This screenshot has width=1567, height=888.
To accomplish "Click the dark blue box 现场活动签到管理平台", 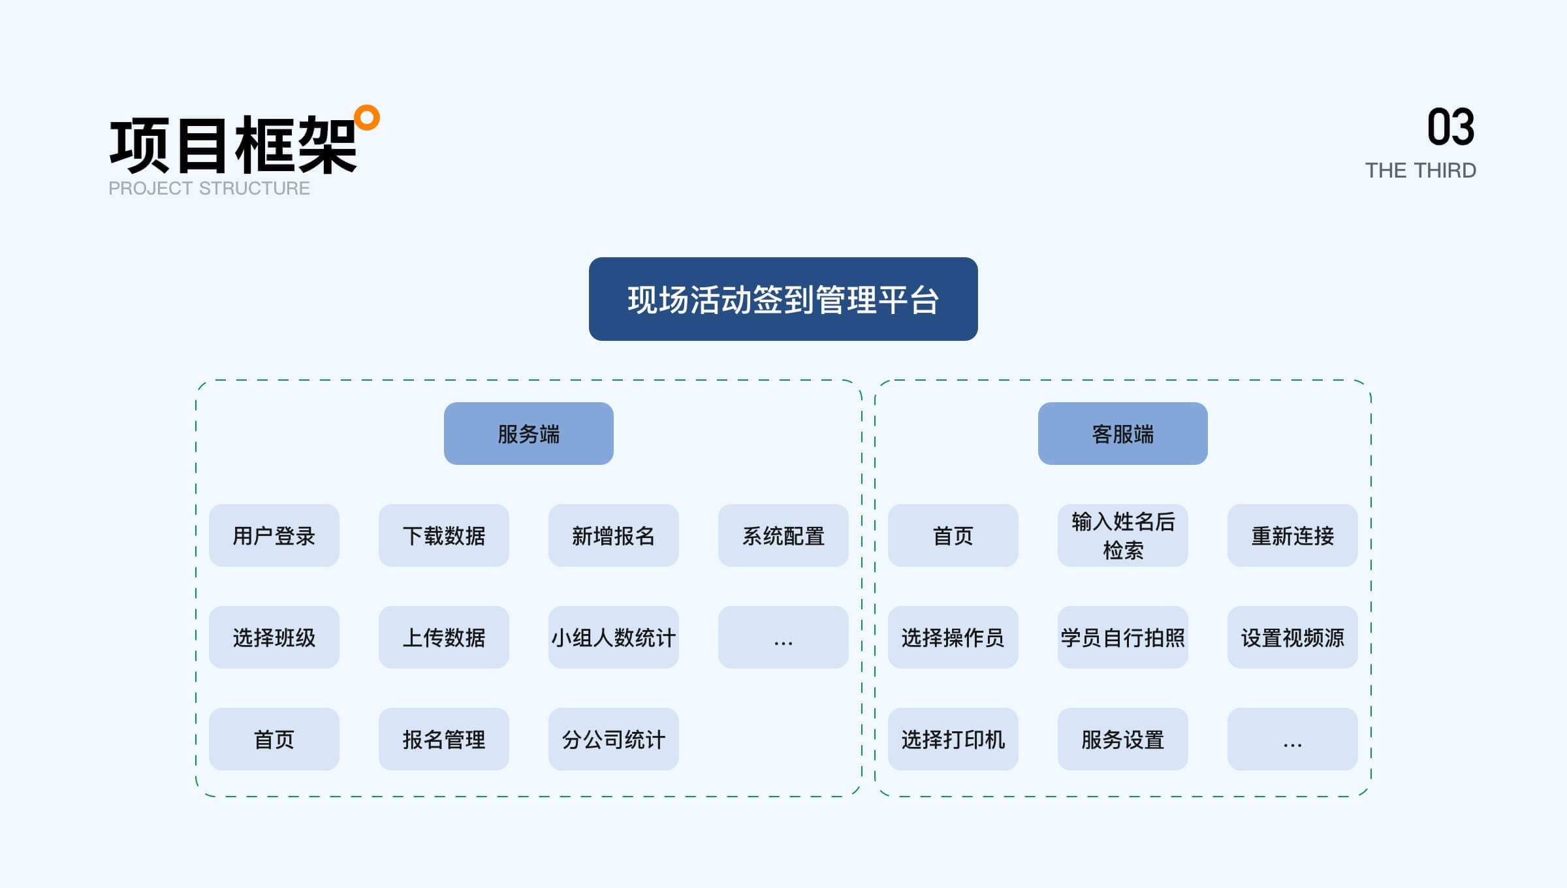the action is (x=783, y=299).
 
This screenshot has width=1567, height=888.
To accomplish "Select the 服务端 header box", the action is (x=529, y=434).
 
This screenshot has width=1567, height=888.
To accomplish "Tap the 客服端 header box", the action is (x=1123, y=434).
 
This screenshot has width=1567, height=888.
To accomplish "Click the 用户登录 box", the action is (x=274, y=535).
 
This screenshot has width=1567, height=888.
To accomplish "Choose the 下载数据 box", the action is (x=444, y=535).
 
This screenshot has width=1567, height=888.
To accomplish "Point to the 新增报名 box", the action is (x=614, y=535).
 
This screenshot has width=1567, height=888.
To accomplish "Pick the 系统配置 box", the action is (x=783, y=535).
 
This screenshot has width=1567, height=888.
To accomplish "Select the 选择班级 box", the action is (x=274, y=637).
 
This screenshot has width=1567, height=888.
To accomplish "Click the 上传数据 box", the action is (x=444, y=637).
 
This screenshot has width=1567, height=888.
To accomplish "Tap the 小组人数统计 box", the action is (x=614, y=637).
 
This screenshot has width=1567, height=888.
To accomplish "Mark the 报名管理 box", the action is (x=444, y=739).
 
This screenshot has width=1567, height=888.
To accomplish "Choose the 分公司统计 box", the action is (x=614, y=739).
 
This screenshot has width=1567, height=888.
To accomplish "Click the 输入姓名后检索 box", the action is (x=1123, y=535).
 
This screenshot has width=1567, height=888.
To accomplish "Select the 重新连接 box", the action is (x=1293, y=535).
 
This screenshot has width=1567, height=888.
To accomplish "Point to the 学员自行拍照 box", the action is (x=1123, y=637).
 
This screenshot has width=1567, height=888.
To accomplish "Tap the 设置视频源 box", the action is (x=1293, y=637).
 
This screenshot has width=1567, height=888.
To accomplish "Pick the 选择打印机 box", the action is (x=953, y=739).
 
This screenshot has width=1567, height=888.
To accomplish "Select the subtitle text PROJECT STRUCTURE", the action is (x=209, y=188).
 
